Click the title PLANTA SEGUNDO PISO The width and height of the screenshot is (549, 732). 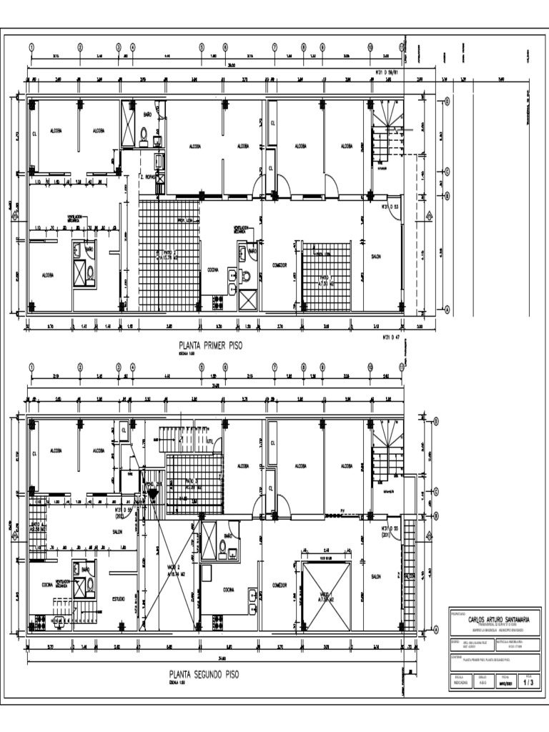tap(204, 673)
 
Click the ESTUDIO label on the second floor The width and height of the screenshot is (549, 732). tap(119, 598)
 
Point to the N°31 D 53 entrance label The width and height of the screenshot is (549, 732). tap(390, 207)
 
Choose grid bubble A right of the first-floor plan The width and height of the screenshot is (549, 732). tap(447, 310)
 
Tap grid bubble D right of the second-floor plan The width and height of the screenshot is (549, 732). tap(435, 422)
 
